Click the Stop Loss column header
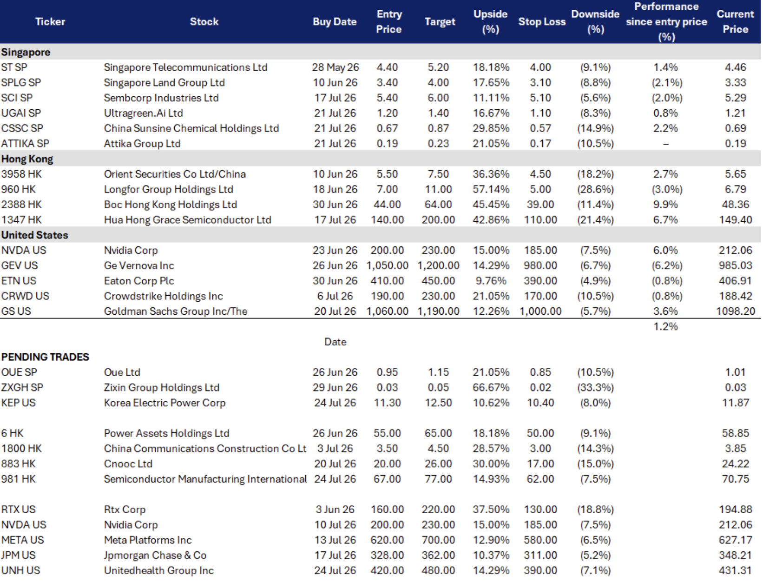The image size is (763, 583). (541, 21)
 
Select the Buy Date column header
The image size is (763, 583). (335, 21)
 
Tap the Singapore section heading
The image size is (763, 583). (26, 52)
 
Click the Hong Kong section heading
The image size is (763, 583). (27, 159)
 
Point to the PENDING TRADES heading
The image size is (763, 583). (45, 357)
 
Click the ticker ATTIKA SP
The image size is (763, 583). (25, 144)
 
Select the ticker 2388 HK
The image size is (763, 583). (21, 205)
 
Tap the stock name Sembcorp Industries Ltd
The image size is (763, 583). (161, 98)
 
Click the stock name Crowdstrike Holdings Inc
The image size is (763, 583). (164, 296)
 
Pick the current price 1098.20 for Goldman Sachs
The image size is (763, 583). (735, 311)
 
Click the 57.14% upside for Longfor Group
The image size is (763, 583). (491, 189)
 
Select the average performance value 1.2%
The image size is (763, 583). (665, 326)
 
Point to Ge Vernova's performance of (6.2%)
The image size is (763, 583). (667, 265)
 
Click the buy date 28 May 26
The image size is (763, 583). (335, 67)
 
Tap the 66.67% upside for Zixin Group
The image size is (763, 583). (491, 387)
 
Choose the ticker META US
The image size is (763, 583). (23, 540)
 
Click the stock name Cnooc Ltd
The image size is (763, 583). (128, 464)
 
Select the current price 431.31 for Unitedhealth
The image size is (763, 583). (735, 570)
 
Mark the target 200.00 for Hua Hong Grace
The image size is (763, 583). (438, 220)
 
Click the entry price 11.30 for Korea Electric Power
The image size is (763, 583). (387, 403)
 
